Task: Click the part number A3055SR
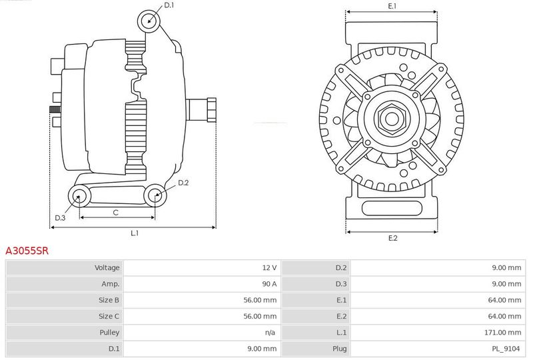point(27,251)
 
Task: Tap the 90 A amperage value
point(269,284)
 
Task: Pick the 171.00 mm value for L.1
point(502,333)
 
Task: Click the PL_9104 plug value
point(506,349)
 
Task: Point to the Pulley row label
point(109,333)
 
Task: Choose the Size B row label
point(109,300)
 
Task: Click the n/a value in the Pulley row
point(270,333)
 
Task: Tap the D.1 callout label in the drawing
point(169,5)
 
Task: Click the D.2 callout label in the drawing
point(183,183)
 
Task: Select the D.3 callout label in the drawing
point(60,218)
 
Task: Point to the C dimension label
point(115,213)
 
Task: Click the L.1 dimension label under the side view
point(135,233)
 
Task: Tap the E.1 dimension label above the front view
point(392,6)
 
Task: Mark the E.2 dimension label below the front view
point(392,238)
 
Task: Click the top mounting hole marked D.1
point(149,21)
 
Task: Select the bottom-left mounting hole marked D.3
point(79,196)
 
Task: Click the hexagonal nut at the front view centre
point(392,119)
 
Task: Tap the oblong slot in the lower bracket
point(392,208)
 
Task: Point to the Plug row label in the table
point(340,349)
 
